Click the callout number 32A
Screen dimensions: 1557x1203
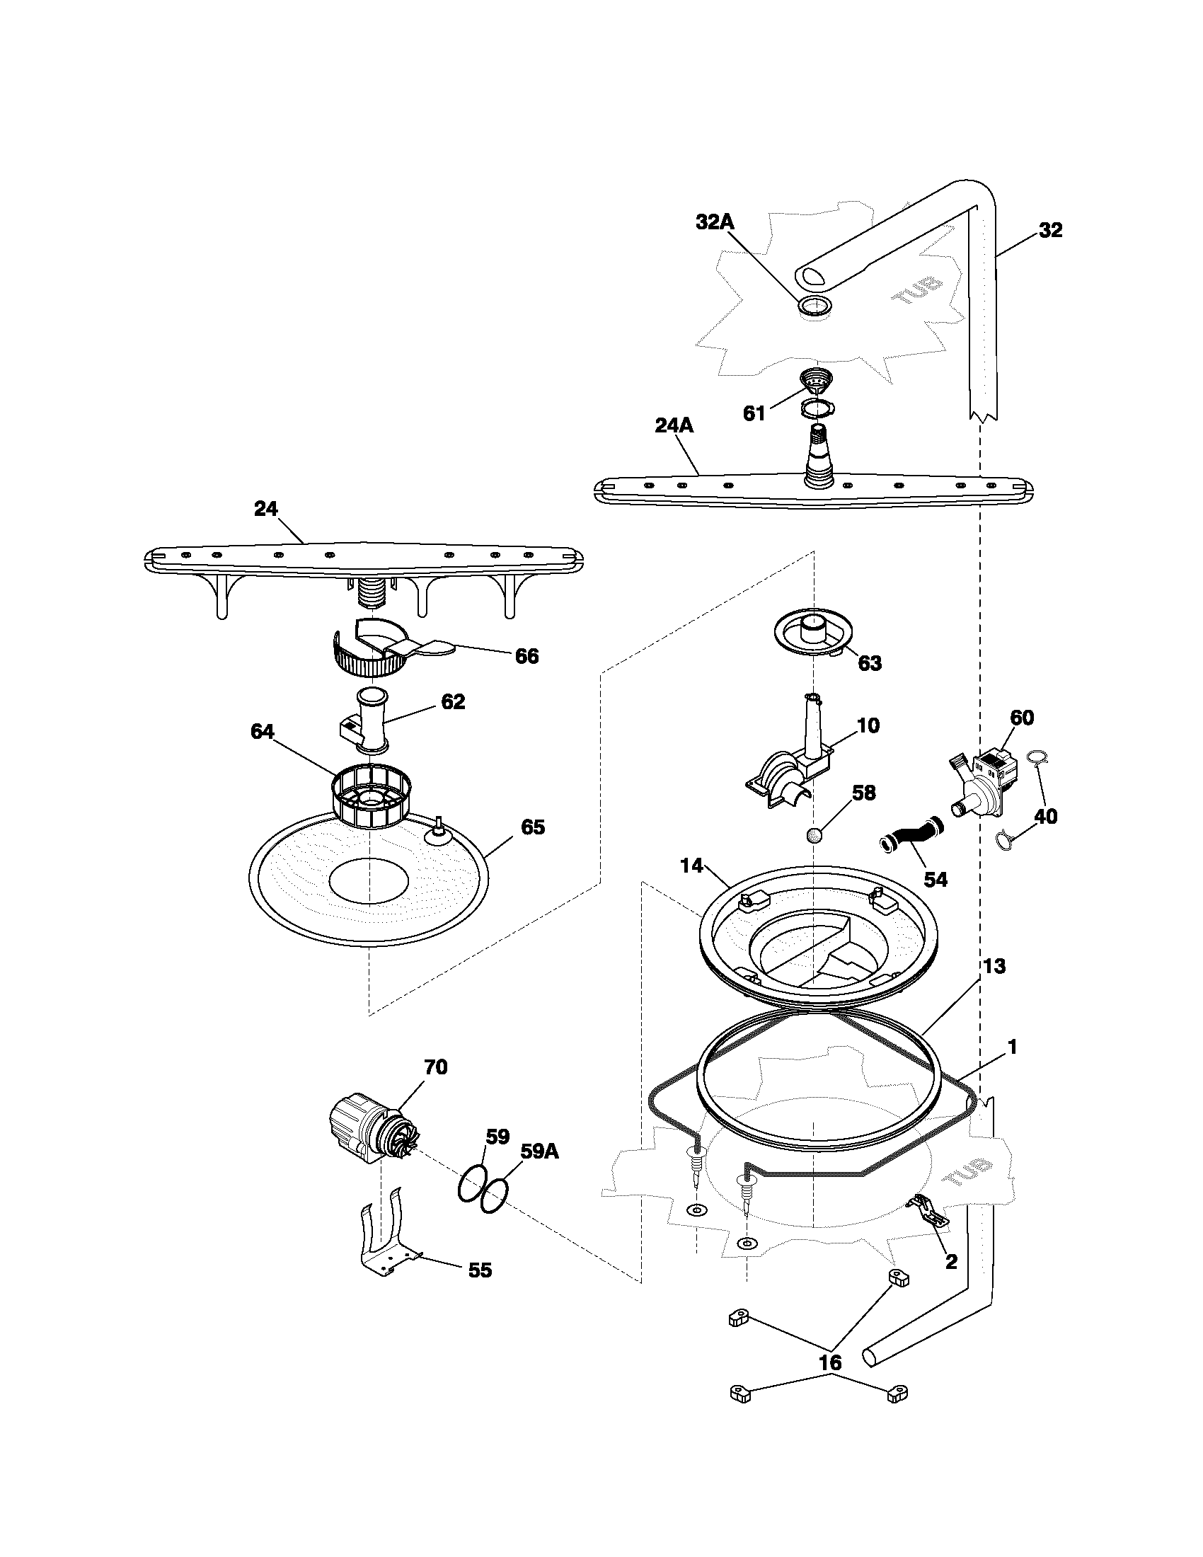714,222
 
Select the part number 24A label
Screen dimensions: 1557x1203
674,426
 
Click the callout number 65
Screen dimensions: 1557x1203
532,828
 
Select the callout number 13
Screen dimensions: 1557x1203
994,966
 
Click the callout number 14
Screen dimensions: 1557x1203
691,866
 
